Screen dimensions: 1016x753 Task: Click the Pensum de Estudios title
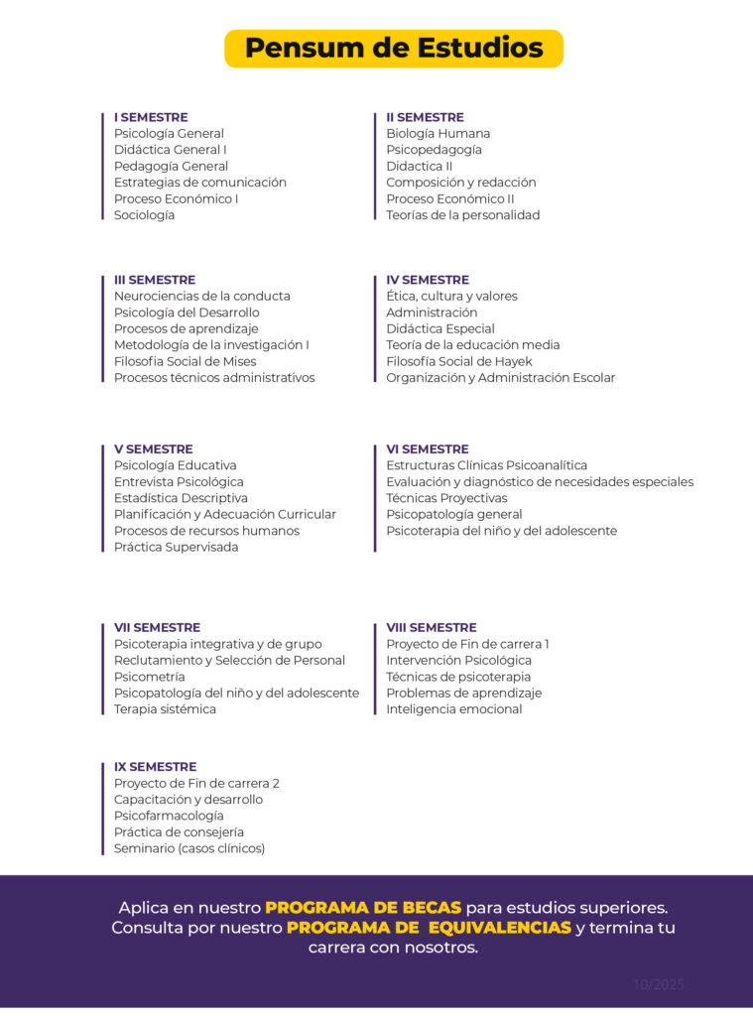coord(394,49)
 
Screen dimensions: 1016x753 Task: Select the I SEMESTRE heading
coord(151,117)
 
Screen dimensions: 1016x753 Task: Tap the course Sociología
coord(144,215)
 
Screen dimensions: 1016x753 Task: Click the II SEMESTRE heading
coord(425,117)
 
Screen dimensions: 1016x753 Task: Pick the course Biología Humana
coord(438,134)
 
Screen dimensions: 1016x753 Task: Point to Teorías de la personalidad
coord(462,215)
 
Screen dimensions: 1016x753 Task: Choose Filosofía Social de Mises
coord(185,362)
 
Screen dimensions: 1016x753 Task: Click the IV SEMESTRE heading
coord(428,280)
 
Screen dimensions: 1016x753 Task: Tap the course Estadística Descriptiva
coord(181,498)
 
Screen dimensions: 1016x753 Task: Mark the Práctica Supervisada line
coord(176,548)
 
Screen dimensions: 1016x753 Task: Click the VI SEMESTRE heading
coord(428,449)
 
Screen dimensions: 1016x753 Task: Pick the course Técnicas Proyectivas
coord(446,498)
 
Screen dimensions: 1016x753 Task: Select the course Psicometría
coord(150,677)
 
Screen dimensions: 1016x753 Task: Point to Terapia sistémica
coord(165,709)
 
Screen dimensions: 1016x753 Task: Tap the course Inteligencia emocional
coord(453,709)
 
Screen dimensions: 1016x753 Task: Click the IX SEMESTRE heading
coord(155,767)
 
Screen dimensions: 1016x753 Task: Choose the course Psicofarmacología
coord(169,816)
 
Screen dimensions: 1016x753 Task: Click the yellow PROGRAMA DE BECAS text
coord(363,908)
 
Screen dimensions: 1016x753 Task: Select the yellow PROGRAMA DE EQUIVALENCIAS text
coord(429,928)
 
